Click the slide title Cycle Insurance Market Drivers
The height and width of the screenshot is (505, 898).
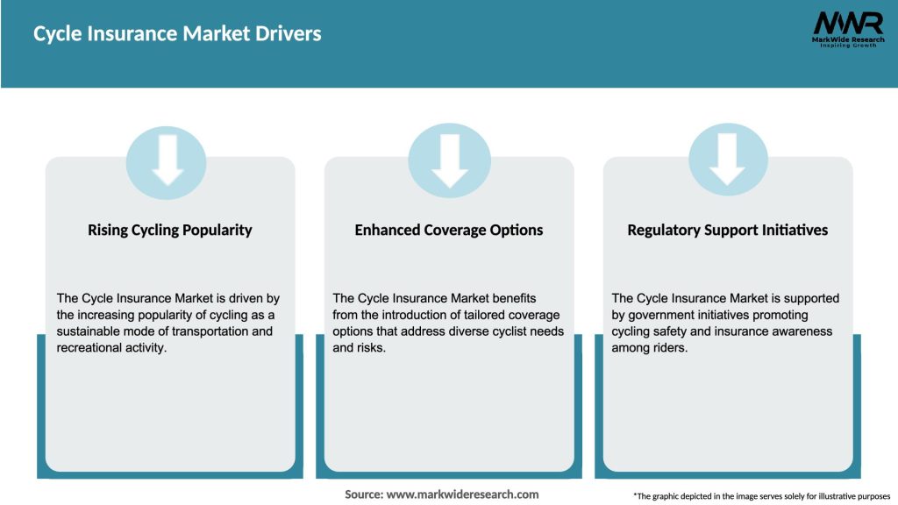pos(177,34)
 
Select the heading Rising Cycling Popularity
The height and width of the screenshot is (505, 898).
pos(170,231)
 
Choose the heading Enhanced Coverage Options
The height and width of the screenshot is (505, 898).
pos(449,231)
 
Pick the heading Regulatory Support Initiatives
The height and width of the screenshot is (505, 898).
pos(728,231)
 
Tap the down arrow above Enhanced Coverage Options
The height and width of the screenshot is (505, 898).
pos(449,160)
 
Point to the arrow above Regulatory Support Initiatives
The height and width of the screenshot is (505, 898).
pos(727,160)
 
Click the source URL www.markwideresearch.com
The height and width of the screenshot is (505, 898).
pos(462,494)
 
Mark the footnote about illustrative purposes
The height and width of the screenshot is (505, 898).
pos(761,496)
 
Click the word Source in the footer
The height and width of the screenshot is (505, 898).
pos(363,494)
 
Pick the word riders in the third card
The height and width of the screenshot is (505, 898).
pos(670,348)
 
